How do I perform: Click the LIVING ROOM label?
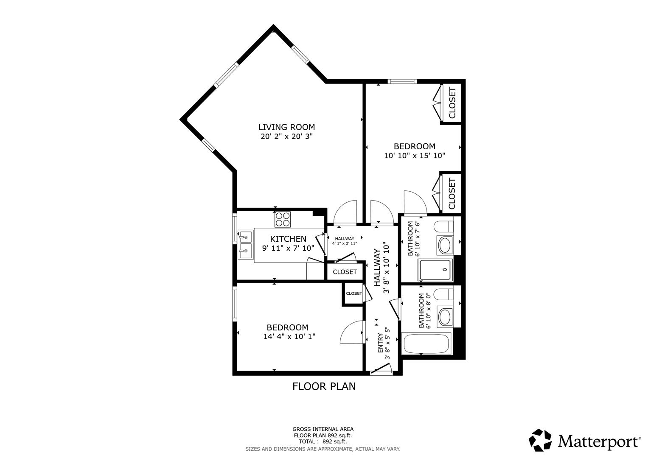coord(286,127)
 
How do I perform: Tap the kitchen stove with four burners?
coord(283,219)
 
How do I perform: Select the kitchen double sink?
coord(245,245)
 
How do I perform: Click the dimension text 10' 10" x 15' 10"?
coord(414,156)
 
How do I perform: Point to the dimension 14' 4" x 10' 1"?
coord(289,337)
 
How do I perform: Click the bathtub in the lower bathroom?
coord(426,343)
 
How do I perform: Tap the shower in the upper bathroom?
coord(436,269)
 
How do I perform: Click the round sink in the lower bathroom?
coord(445,316)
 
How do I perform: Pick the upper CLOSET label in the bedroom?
coord(452,103)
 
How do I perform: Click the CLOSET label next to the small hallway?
coord(345,272)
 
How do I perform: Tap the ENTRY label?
coord(381,343)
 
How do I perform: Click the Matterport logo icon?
coord(540,440)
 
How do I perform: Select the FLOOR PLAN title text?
coord(324,386)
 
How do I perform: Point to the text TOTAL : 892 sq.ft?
coord(323,441)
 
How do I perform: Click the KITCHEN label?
coord(288,239)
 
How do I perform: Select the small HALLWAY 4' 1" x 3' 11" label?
coord(344,241)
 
